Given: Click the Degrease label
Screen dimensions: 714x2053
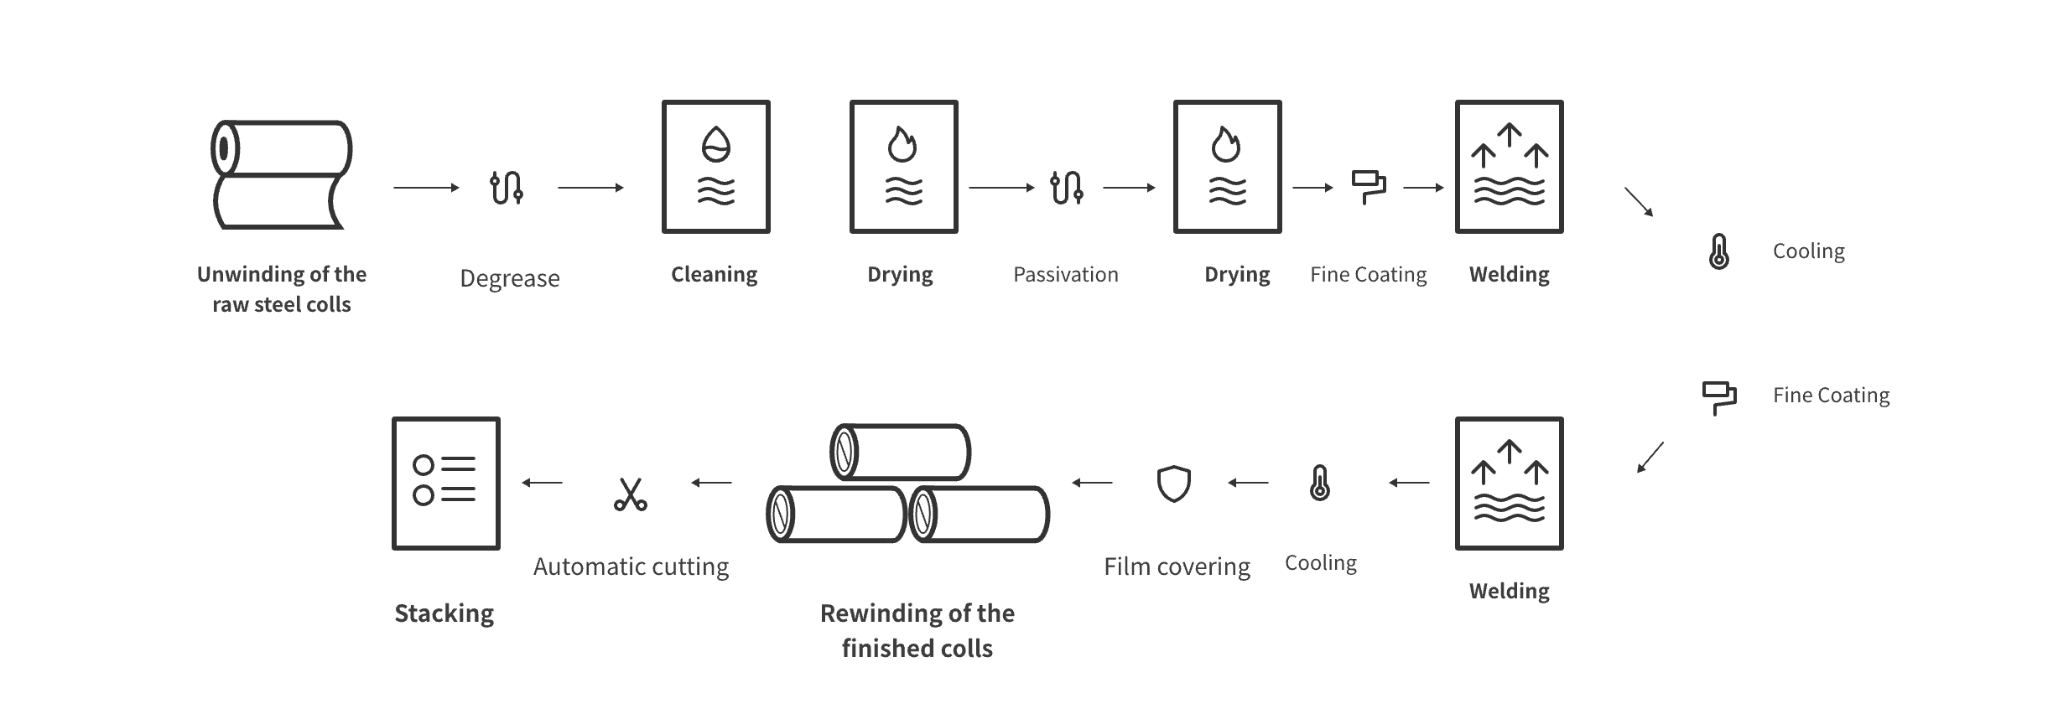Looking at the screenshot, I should pos(509,278).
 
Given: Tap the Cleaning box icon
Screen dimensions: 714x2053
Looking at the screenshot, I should pos(715,167).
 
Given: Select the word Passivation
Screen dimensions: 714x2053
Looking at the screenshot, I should pos(1065,274).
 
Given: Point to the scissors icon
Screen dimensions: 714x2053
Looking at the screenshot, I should pos(630,494).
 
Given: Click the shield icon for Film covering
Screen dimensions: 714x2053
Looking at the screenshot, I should pos(1173,484).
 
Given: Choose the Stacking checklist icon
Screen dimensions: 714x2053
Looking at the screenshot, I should pos(445,484).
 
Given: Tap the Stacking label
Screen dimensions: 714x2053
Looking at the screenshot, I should pos(444,613).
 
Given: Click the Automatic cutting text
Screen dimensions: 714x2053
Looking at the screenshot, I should pos(631,567).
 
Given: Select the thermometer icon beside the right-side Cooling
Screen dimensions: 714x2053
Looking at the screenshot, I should pos(1718,251).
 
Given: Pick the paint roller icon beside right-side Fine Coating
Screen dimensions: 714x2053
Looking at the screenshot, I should pos(1718,398).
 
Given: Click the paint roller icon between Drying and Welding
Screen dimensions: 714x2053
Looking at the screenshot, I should pos(1368,188).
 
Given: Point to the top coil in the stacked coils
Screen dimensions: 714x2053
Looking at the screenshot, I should pos(900,451).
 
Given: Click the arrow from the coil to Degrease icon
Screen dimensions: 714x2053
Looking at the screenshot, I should pos(427,188).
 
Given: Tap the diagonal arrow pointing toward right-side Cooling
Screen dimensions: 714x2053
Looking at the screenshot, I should pos(1639,202).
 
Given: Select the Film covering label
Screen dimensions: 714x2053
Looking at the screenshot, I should pos(1177,567).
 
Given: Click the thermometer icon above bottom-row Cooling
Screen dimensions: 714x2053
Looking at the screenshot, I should pos(1319,483).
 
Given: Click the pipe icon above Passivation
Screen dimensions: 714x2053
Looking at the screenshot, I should pos(1066,188).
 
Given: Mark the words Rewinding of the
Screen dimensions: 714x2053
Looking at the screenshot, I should pos(917,613).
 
